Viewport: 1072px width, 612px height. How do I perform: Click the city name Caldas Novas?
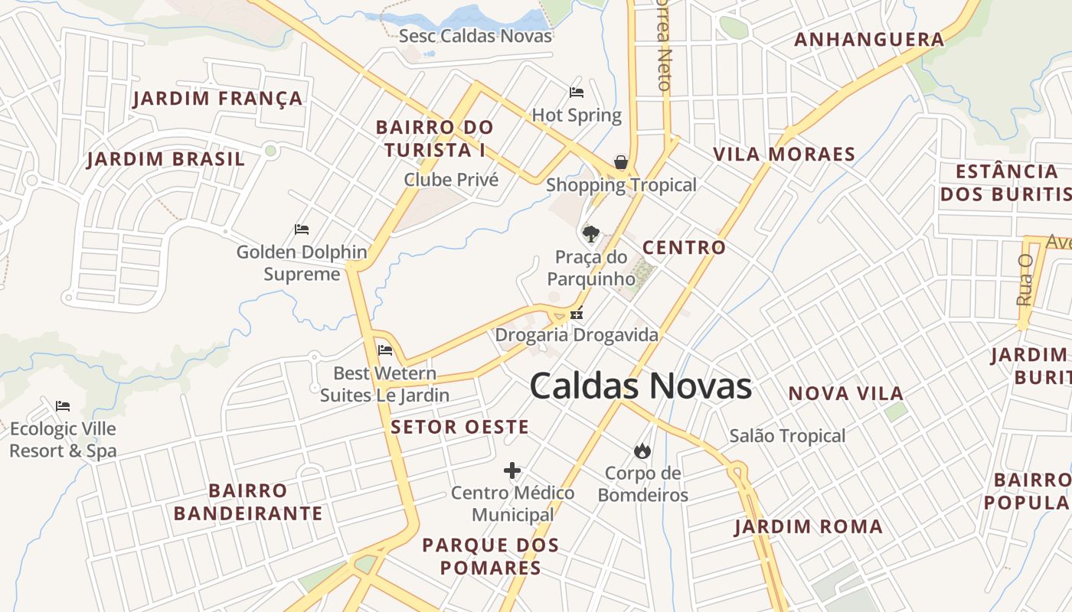pyautogui.click(x=640, y=386)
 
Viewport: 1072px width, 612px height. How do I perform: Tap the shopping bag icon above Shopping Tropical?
pyautogui.click(x=621, y=162)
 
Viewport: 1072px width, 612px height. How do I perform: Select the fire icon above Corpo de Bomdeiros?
pyautogui.click(x=642, y=451)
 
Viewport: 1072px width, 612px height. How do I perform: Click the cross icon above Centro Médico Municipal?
pyautogui.click(x=512, y=470)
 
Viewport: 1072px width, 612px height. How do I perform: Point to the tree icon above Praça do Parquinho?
pyautogui.click(x=590, y=233)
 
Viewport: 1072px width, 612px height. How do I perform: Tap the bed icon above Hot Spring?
pyautogui.click(x=577, y=93)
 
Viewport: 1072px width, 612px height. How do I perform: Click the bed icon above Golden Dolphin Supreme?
pyautogui.click(x=302, y=229)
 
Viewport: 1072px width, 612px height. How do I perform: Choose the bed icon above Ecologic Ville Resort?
pyautogui.click(x=63, y=405)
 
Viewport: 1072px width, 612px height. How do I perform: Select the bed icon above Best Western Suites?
pyautogui.click(x=385, y=350)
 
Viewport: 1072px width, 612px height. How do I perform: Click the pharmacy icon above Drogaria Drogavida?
pyautogui.click(x=577, y=313)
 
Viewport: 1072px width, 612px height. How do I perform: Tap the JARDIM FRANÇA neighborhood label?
pyautogui.click(x=218, y=99)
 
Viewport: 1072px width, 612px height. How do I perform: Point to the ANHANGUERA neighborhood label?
pyautogui.click(x=869, y=40)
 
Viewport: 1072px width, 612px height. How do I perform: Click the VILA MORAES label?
pyautogui.click(x=784, y=155)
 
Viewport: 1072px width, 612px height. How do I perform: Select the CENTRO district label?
pyautogui.click(x=684, y=248)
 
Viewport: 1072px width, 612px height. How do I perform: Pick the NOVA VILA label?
pyautogui.click(x=846, y=394)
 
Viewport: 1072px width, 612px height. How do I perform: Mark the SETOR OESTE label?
pyautogui.click(x=459, y=427)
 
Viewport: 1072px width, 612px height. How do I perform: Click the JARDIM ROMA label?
pyautogui.click(x=809, y=527)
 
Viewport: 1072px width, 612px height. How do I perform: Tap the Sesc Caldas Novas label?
pyautogui.click(x=476, y=36)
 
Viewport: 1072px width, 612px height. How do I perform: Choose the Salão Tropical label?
pyautogui.click(x=787, y=436)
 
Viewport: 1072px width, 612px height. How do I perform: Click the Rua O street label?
pyautogui.click(x=1025, y=280)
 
